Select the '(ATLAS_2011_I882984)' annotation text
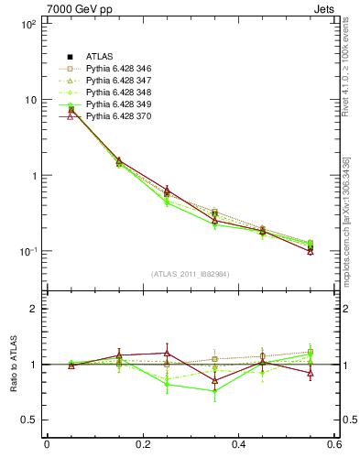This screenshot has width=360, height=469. [191, 274]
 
